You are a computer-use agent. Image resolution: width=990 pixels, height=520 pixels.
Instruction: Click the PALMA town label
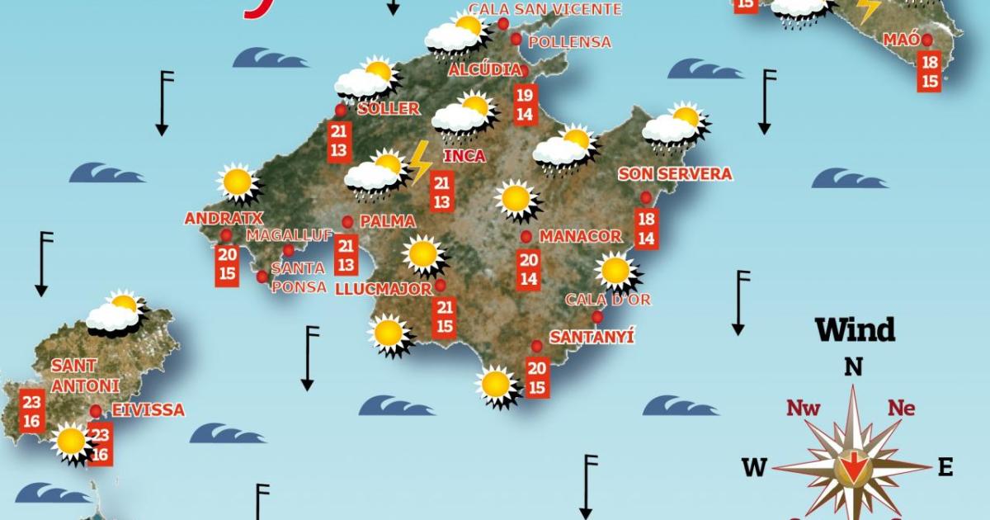coord(387,221)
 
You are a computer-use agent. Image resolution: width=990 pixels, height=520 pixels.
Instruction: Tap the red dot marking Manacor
coord(526,237)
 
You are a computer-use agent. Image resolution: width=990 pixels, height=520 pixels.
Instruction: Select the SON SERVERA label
coord(675,174)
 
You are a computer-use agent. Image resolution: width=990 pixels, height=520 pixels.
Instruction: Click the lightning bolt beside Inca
coord(420,161)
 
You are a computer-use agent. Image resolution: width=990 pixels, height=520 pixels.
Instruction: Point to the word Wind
coord(855,330)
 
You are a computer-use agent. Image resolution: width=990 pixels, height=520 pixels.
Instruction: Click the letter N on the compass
coord(853,367)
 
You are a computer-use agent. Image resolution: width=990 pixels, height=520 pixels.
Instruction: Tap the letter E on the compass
coord(945,468)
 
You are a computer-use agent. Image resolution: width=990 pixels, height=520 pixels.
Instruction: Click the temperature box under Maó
coord(930,72)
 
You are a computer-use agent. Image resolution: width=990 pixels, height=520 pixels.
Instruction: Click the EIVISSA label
coord(148,410)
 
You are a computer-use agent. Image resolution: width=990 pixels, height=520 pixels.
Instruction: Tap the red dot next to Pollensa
coord(516,40)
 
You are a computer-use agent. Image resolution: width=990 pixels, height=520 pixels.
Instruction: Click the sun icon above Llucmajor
coord(423,254)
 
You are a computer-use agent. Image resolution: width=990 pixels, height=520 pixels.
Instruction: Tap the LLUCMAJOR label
coord(384,289)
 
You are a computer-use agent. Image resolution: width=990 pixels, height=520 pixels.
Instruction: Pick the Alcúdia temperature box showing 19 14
coord(524,104)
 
